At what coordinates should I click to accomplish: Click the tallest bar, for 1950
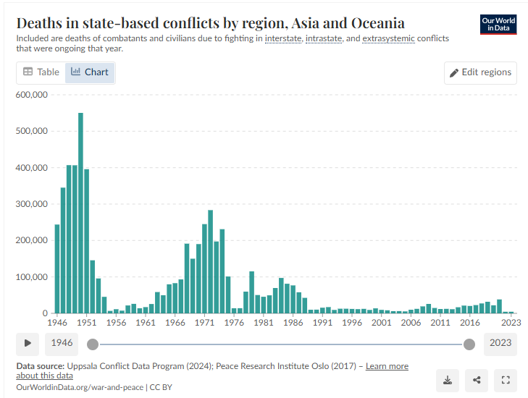(80, 213)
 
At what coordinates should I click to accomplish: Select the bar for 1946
(57, 268)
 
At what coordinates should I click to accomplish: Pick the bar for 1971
(204, 268)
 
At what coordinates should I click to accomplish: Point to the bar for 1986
(293, 300)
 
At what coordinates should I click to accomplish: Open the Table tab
(41, 72)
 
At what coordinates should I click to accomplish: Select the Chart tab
(90, 72)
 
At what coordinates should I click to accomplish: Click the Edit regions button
(480, 72)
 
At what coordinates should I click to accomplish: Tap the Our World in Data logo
(498, 25)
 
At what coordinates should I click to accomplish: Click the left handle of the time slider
(93, 344)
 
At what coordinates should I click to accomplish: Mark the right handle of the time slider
(469, 344)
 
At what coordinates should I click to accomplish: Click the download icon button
(448, 381)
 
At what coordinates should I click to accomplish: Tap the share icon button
(477, 381)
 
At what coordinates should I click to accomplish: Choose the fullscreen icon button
(506, 381)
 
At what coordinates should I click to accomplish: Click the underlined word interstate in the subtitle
(283, 38)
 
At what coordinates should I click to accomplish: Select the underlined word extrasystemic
(389, 38)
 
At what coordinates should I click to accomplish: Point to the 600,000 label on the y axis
(32, 95)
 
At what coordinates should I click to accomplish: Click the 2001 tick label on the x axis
(382, 323)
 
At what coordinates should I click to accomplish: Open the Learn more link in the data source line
(387, 366)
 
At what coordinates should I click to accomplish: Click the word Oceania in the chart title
(378, 23)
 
